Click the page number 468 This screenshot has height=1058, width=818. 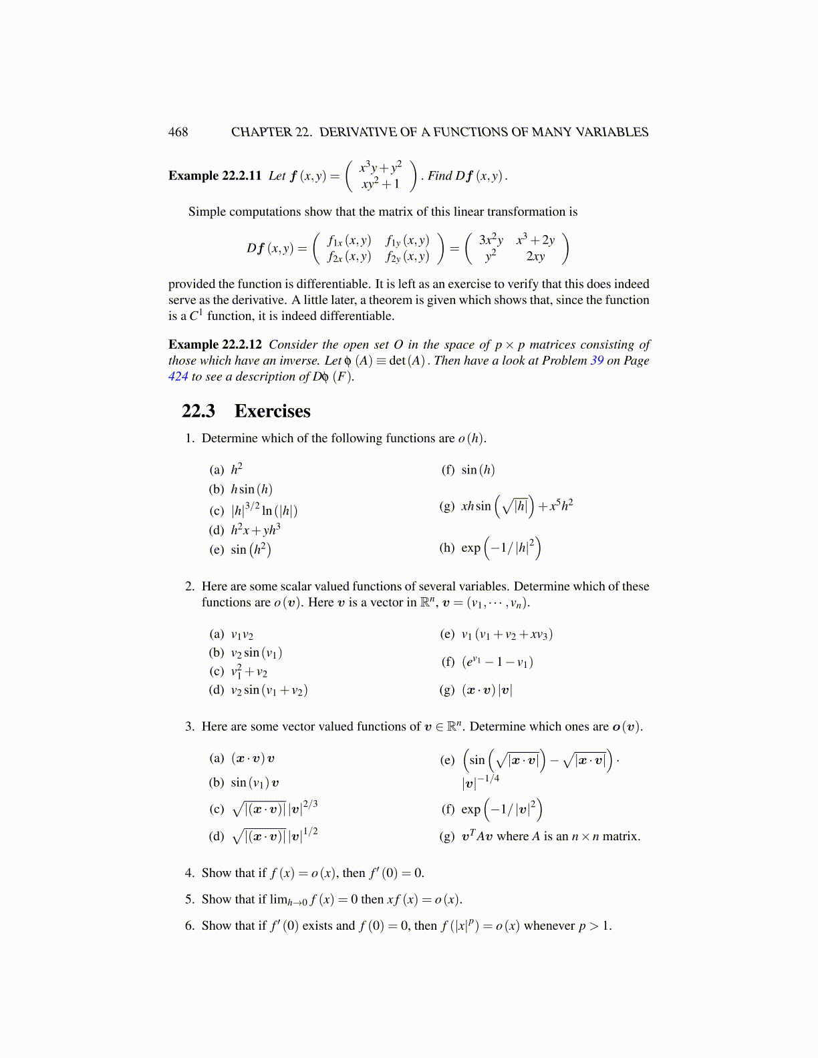(178, 132)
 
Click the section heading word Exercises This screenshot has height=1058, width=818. (272, 411)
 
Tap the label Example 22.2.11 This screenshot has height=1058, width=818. (215, 176)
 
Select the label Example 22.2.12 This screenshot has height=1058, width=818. (215, 345)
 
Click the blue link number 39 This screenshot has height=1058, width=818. (597, 361)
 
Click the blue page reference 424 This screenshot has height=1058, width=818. (178, 377)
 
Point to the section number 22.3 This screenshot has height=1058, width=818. (198, 411)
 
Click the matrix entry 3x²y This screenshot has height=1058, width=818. (491, 240)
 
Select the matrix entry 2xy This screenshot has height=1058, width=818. (535, 256)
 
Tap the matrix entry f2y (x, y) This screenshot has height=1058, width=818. (407, 256)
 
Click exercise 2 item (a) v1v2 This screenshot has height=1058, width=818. (241, 635)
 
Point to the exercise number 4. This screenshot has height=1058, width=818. (190, 873)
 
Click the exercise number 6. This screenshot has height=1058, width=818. (190, 926)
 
